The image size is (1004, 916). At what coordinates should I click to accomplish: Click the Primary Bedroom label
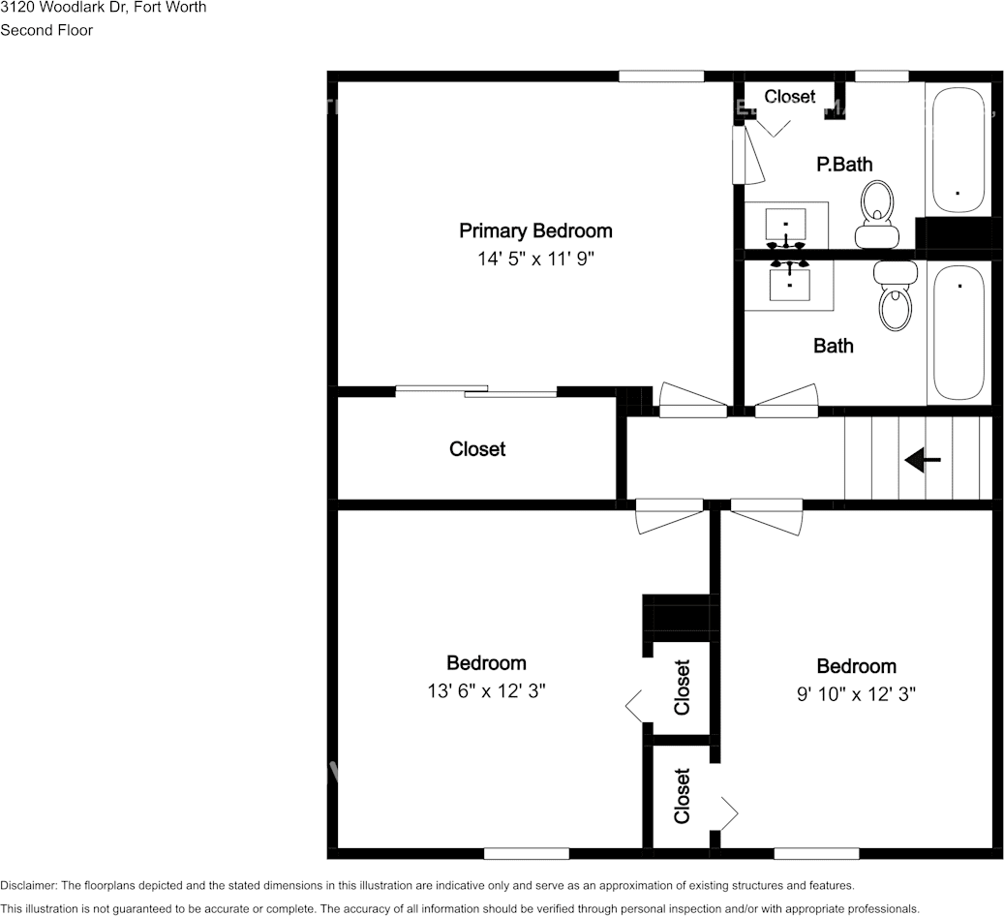pyautogui.click(x=534, y=230)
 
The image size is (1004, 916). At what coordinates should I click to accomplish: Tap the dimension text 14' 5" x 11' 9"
pyautogui.click(x=534, y=259)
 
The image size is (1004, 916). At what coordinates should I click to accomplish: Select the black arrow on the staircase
pyautogui.click(x=922, y=461)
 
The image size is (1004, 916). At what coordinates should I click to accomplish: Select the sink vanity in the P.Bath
pyautogui.click(x=786, y=227)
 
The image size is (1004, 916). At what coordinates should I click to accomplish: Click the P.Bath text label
pyautogui.click(x=844, y=165)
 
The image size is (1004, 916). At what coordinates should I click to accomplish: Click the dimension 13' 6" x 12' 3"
pyautogui.click(x=486, y=690)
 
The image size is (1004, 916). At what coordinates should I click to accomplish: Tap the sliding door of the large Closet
pyautogui.click(x=476, y=391)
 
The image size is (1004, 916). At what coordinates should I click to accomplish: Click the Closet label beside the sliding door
pyautogui.click(x=477, y=449)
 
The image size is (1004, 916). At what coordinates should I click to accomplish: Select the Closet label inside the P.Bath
pyautogui.click(x=789, y=97)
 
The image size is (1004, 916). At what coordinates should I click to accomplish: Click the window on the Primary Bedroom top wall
pyautogui.click(x=661, y=76)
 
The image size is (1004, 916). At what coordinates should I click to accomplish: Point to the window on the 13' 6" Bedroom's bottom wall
pyautogui.click(x=526, y=853)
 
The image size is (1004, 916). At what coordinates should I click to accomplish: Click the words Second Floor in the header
pyautogui.click(x=46, y=30)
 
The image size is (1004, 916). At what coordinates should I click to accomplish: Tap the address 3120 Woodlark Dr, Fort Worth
pyautogui.click(x=103, y=7)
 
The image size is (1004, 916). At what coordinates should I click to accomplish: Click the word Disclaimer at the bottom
pyautogui.click(x=28, y=885)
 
